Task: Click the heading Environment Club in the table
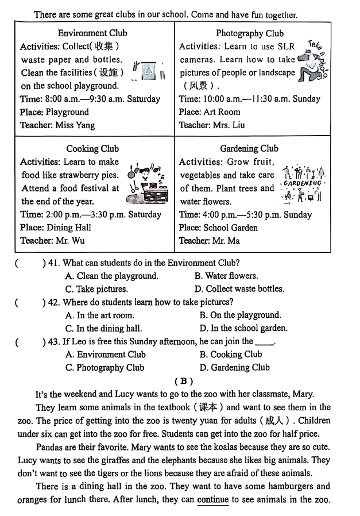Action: pyautogui.click(x=92, y=33)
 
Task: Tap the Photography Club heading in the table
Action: pyautogui.click(x=250, y=33)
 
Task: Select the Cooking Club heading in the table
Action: pyautogui.click(x=92, y=149)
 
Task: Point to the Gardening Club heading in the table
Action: pyautogui.click(x=249, y=149)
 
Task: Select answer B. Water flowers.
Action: pyautogui.click(x=226, y=276)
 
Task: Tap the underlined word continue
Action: pyautogui.click(x=213, y=499)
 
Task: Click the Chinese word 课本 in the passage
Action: pyautogui.click(x=208, y=407)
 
